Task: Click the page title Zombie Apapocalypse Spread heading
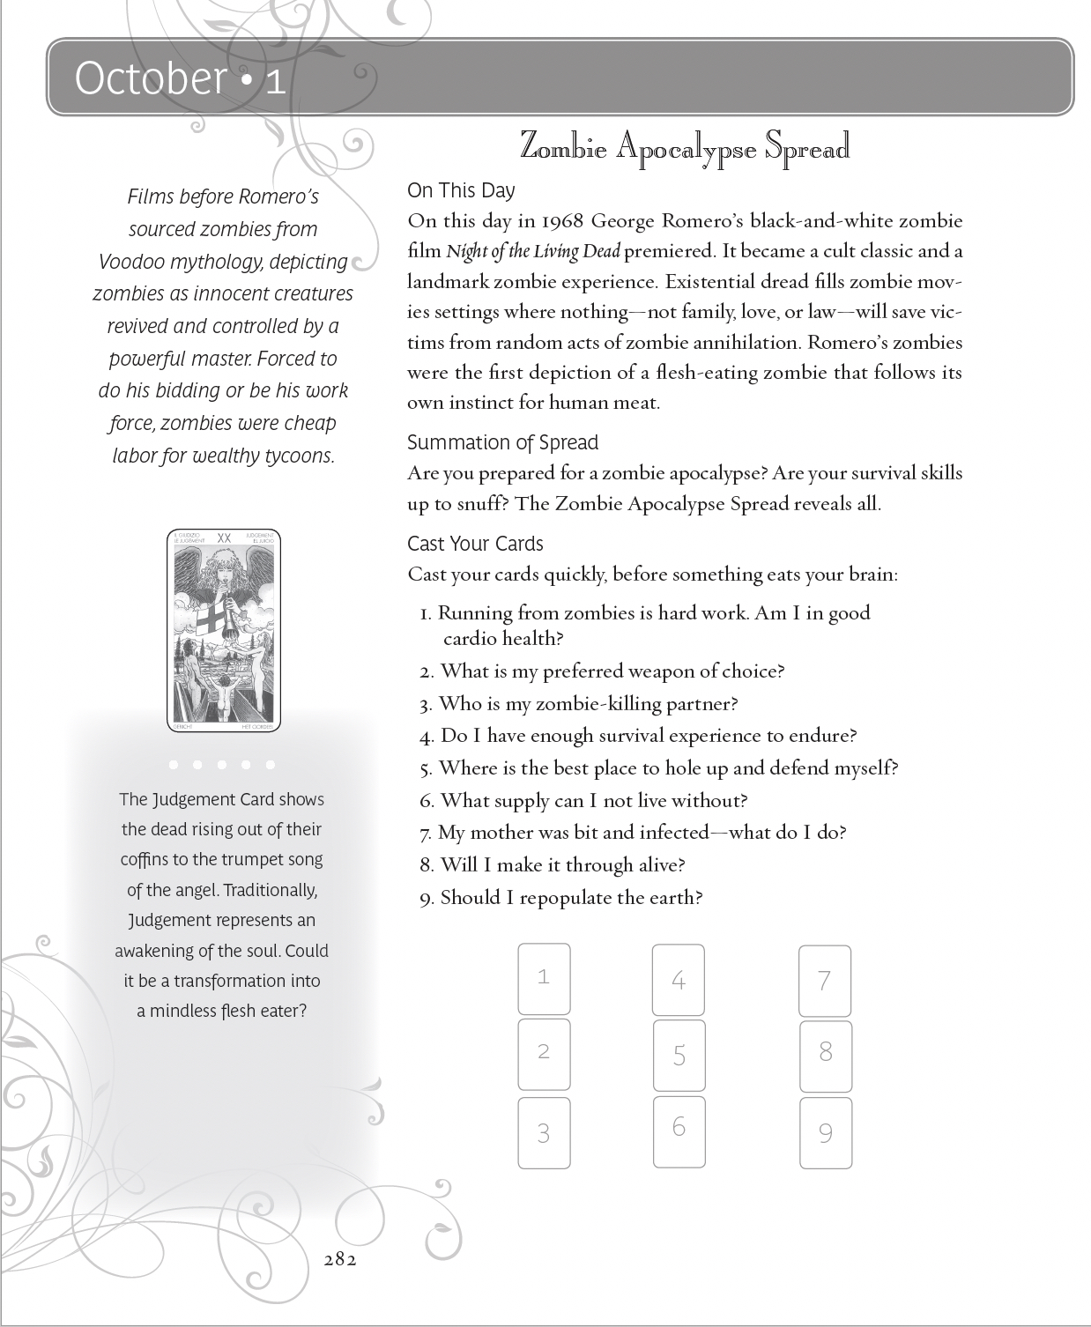pyautogui.click(x=685, y=147)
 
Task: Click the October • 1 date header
pyautogui.click(x=180, y=78)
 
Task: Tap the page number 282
pyautogui.click(x=340, y=1259)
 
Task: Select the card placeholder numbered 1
pyautogui.click(x=544, y=978)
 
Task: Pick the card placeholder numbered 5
pyautogui.click(x=679, y=1055)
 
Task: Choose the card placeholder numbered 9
pyautogui.click(x=825, y=1132)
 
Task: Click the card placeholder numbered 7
pyautogui.click(x=824, y=981)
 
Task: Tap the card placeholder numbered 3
pyautogui.click(x=544, y=1132)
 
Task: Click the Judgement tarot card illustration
pyautogui.click(x=224, y=630)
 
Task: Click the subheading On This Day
pyautogui.click(x=461, y=190)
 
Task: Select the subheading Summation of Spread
pyautogui.click(x=502, y=442)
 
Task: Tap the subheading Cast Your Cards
pyautogui.click(x=475, y=544)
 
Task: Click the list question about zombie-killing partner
pyautogui.click(x=588, y=703)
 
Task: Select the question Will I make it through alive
pyautogui.click(x=562, y=864)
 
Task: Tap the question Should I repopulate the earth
pyautogui.click(x=571, y=897)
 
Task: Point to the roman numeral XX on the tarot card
pyautogui.click(x=224, y=537)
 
